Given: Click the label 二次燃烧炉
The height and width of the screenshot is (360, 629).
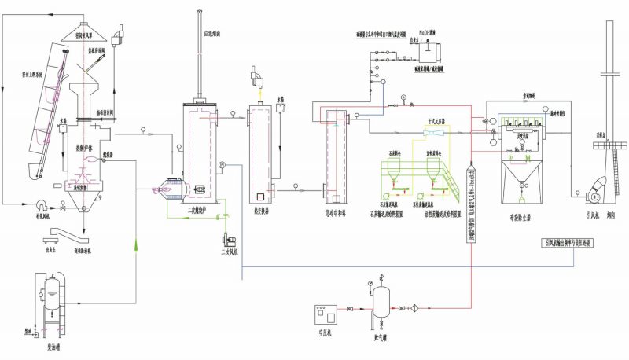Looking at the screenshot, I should [203, 211].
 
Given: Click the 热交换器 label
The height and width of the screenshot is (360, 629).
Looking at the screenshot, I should [263, 211].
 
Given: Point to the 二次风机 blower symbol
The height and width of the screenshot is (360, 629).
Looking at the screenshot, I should [230, 236].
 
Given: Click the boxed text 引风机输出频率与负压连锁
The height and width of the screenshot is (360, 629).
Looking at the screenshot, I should [568, 243].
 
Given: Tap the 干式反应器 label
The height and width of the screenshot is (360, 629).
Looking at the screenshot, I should [436, 122].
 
